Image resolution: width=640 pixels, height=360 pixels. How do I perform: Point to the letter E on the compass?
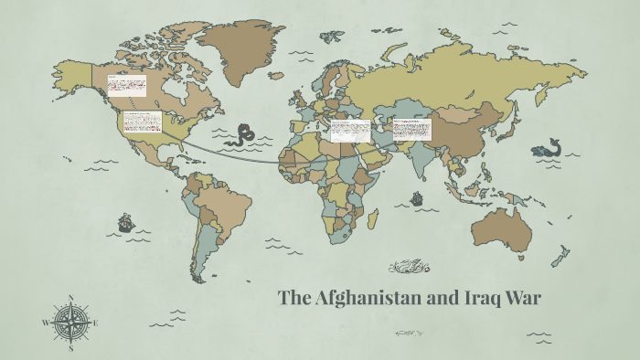(96, 323)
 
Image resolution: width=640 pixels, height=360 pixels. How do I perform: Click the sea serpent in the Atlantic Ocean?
(242, 134)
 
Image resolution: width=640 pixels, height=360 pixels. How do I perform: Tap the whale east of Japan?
(549, 146)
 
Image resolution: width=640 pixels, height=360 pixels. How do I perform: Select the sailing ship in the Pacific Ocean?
(125, 222)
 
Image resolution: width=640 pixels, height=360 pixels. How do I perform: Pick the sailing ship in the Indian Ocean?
(417, 197)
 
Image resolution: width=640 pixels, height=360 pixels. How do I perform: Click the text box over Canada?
(126, 86)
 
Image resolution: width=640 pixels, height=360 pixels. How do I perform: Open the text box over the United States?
(142, 122)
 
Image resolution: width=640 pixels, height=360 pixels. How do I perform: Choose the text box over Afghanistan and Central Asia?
(411, 129)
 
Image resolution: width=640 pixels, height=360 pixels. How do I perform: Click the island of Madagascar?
(373, 219)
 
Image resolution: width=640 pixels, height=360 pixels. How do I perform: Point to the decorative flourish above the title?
(410, 268)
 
